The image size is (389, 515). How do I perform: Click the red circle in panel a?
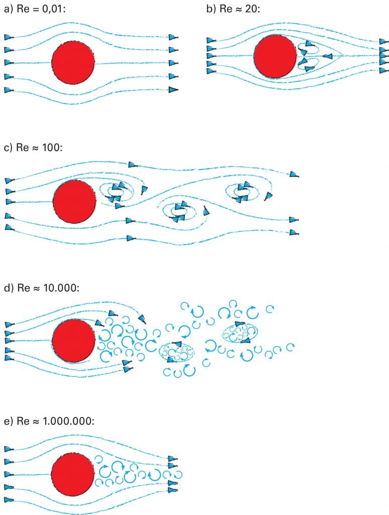pos(73,62)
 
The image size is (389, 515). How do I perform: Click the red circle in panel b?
pos(275,56)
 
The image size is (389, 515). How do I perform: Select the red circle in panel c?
pos(74,201)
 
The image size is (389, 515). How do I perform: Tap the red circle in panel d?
pos(73,340)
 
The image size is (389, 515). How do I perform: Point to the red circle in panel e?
pos(73,474)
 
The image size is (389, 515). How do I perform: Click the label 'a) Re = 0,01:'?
pos(35,9)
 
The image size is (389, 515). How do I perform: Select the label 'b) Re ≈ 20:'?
pos(233,9)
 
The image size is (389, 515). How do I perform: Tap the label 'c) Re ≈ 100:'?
pos(33,147)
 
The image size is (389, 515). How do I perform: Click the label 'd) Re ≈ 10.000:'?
pos(42,288)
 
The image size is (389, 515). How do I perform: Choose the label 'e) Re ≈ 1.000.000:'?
pos(49,421)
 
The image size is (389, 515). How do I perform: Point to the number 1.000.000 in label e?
pos(68,421)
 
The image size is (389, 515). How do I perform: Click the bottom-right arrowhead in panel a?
pos(174,90)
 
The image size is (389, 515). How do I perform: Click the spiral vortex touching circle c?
pos(117,193)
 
